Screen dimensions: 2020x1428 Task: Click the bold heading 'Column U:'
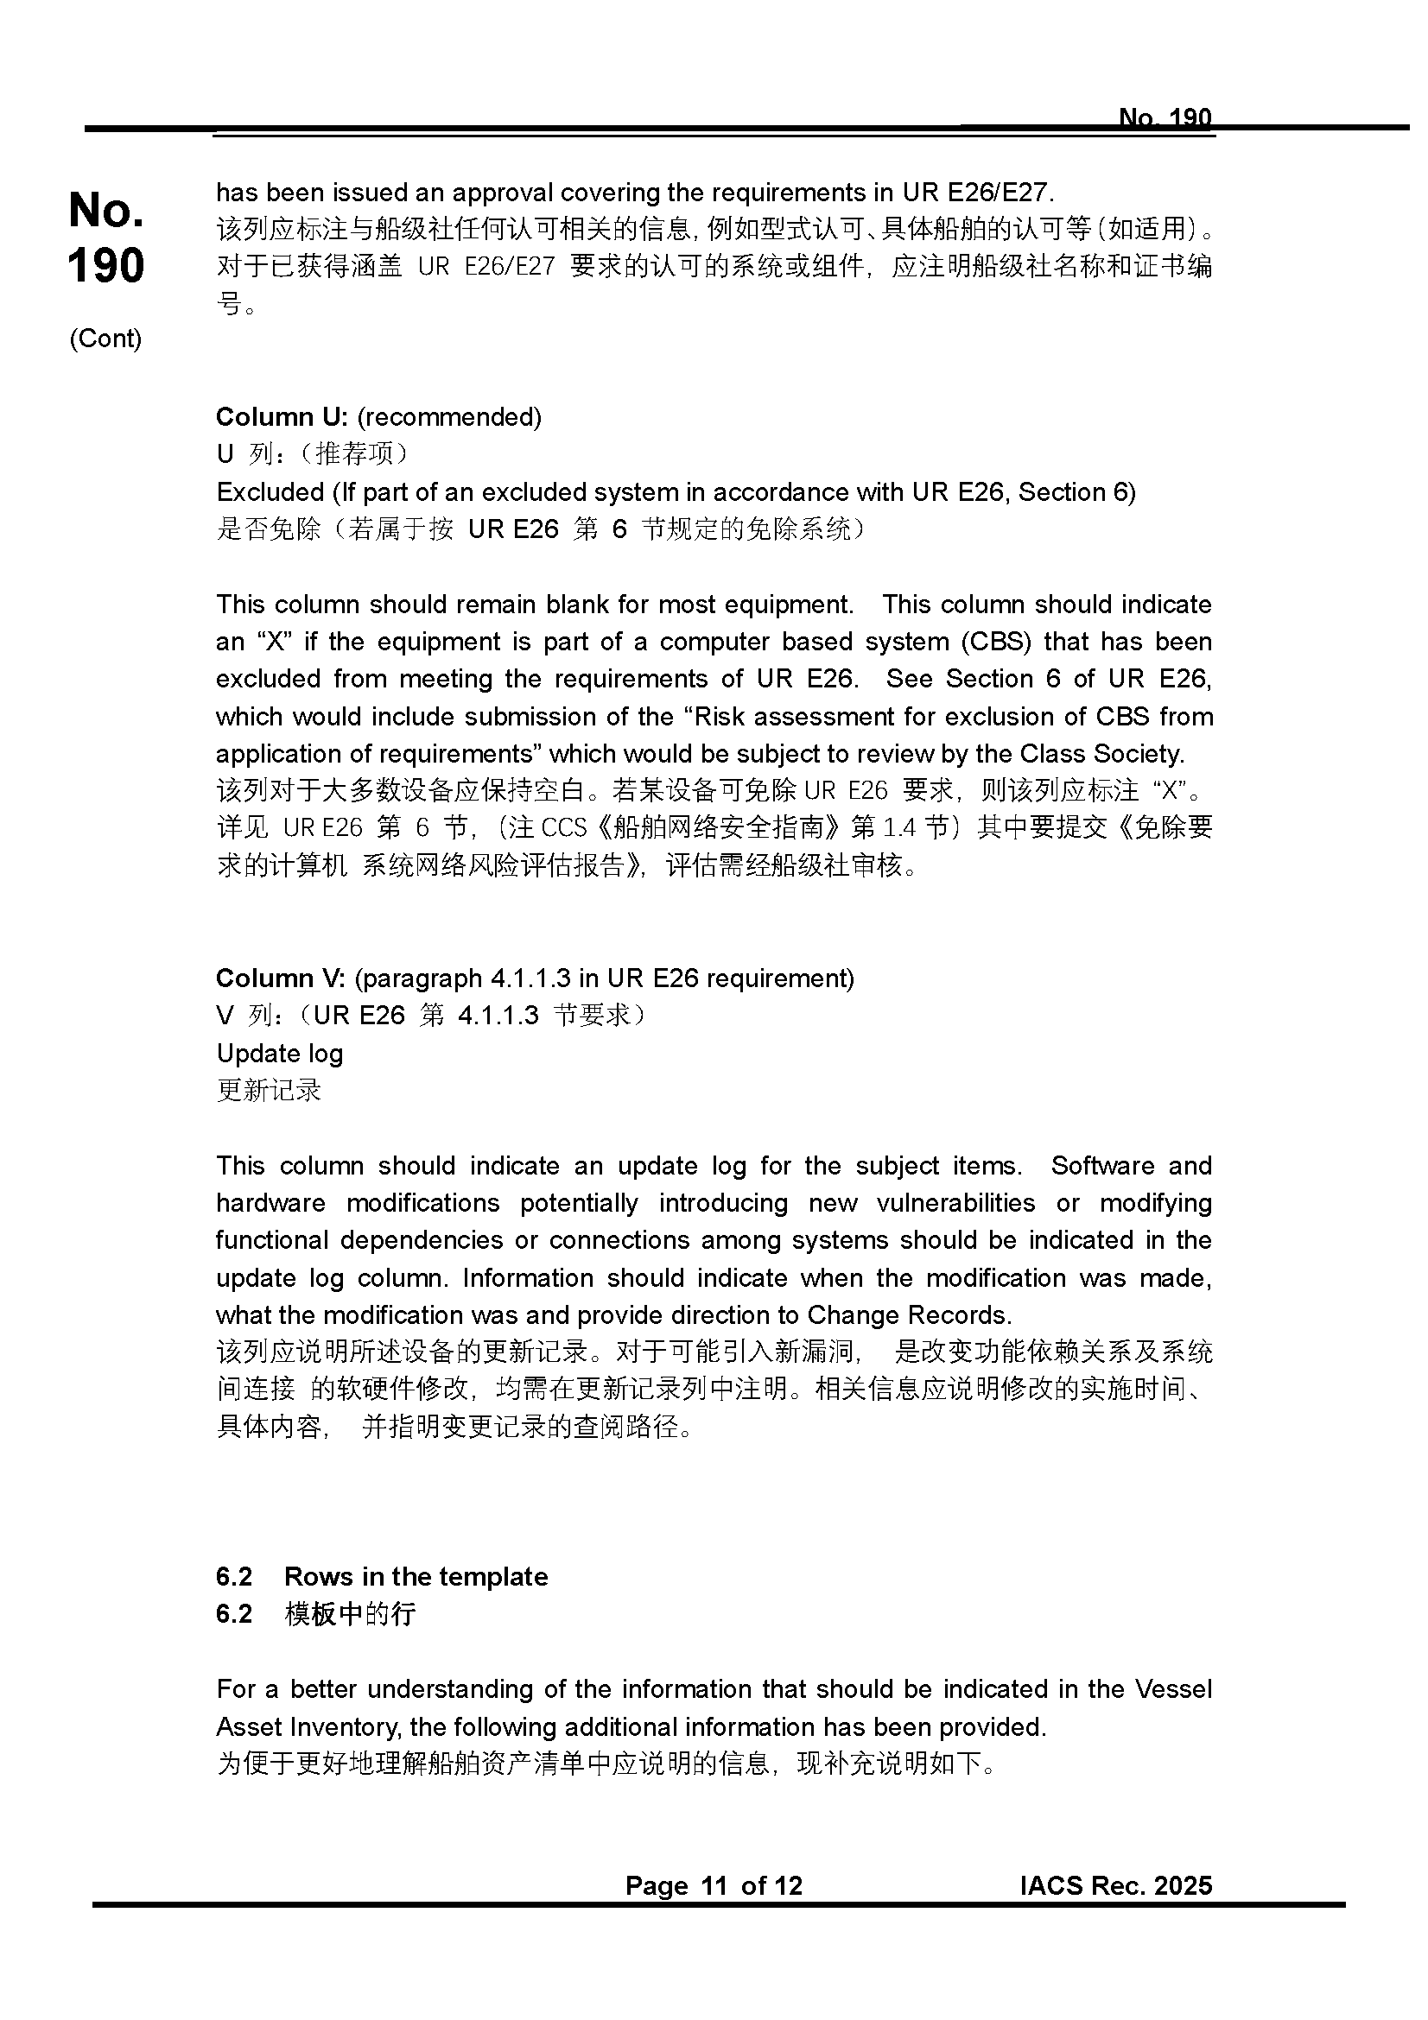tap(282, 417)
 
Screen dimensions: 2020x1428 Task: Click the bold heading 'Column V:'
tap(281, 978)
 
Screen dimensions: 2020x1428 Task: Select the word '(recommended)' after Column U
tap(448, 417)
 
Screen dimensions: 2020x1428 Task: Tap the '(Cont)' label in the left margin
tap(105, 339)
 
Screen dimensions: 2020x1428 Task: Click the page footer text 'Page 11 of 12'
tap(714, 1885)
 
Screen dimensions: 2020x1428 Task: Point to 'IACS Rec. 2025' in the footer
tap(1115, 1885)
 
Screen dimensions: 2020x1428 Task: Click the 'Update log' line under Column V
tap(280, 1053)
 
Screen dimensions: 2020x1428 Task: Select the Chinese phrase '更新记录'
tap(270, 1091)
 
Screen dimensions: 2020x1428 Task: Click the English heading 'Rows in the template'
tap(416, 1577)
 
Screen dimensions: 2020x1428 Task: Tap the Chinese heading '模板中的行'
tap(350, 1613)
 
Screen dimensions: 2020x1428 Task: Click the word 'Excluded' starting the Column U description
tap(270, 491)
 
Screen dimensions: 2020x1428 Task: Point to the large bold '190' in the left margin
tap(105, 266)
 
